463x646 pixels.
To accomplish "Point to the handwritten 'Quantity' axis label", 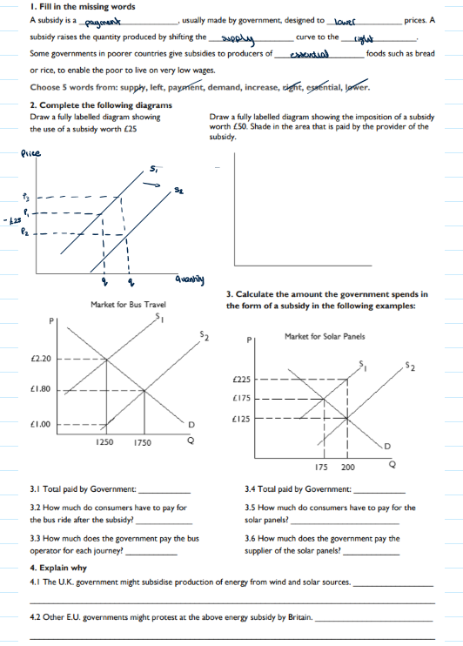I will tap(190, 279).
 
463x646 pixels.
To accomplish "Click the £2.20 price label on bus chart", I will tap(41, 358).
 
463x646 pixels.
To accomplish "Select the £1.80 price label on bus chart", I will tap(41, 388).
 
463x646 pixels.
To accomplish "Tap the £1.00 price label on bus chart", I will tap(41, 425).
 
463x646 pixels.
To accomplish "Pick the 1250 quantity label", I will tap(104, 442).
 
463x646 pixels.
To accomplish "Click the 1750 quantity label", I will tap(142, 442).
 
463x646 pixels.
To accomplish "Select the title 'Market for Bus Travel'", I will tap(127, 305).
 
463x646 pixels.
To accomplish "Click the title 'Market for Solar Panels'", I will tap(324, 336).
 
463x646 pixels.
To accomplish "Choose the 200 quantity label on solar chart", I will tap(348, 468).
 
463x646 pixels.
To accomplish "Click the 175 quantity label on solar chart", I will tap(322, 468).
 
